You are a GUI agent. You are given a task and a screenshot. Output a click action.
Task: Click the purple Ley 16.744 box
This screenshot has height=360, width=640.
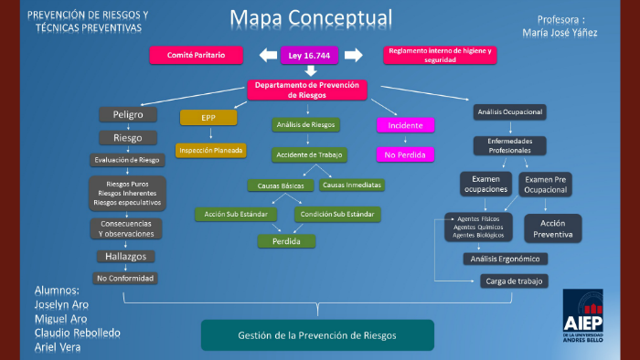tap(311, 56)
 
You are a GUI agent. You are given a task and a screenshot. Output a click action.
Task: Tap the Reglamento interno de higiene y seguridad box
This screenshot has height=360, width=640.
tap(439, 55)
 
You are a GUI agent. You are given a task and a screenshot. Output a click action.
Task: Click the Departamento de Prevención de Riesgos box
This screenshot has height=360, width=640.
tap(307, 90)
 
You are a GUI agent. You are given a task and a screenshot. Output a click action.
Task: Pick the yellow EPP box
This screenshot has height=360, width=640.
tap(208, 117)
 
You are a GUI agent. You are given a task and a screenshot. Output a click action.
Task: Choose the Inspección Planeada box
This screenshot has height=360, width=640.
tap(211, 150)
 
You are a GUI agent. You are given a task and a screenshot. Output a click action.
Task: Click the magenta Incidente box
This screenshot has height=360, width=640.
tap(404, 124)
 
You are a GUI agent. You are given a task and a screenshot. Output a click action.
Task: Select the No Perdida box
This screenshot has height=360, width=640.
tap(404, 155)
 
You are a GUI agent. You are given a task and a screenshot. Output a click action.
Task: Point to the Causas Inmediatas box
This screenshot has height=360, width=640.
tap(351, 185)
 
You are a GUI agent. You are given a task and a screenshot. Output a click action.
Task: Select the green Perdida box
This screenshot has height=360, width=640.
tap(285, 241)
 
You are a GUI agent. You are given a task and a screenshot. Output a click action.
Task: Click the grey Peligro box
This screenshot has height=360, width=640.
tap(128, 114)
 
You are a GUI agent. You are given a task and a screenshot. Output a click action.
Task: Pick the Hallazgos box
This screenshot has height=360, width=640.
tap(127, 257)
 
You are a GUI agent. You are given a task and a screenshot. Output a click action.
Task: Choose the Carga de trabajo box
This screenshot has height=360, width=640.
tap(514, 281)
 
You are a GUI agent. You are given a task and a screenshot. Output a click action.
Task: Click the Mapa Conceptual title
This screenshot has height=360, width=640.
tap(311, 18)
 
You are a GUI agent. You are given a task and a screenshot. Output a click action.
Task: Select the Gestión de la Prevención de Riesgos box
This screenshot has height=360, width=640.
tap(316, 335)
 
